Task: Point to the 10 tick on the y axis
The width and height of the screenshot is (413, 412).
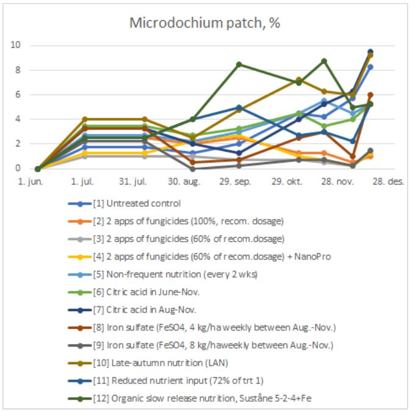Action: (18, 45)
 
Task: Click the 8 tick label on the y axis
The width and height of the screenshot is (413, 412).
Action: (18, 70)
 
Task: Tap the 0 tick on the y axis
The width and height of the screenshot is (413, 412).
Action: (18, 169)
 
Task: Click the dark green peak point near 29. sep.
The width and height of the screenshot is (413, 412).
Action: (239, 64)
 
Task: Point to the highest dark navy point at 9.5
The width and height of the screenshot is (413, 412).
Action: (370, 51)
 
